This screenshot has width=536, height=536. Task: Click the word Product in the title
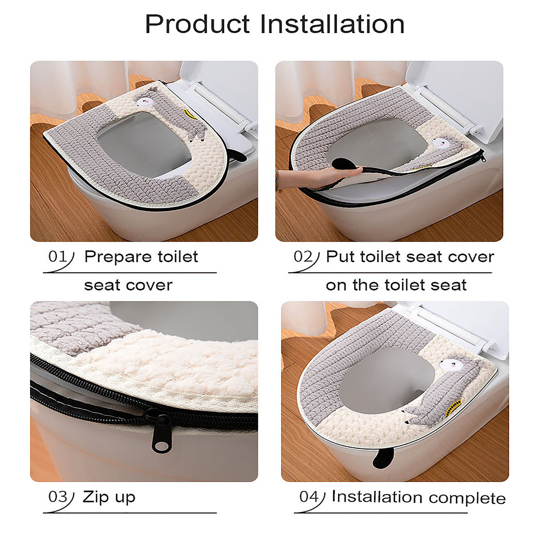pos(197,25)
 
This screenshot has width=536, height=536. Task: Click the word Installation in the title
pos(332,24)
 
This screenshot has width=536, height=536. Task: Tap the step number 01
pos(57,256)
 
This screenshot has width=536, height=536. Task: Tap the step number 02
pos(303,256)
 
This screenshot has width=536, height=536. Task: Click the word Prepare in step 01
pos(118,257)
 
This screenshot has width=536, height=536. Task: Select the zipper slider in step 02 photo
pos(482,156)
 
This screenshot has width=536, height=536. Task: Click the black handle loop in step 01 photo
pos(239,155)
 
